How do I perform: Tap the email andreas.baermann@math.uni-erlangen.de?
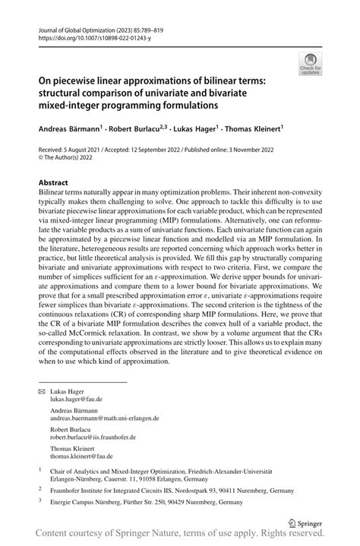105,418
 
